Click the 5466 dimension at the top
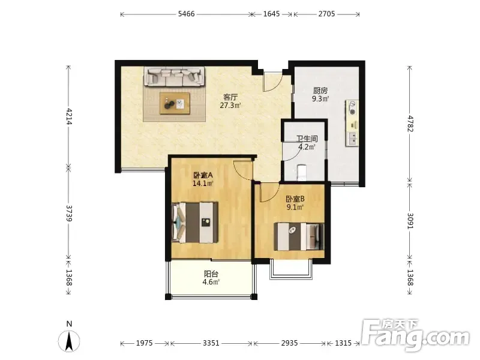point(187,14)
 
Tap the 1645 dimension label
point(272,14)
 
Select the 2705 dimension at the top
point(326,14)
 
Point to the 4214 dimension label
point(68,116)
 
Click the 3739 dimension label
point(68,214)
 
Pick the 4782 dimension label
point(410,124)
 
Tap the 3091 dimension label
point(410,221)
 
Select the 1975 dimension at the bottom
point(144,343)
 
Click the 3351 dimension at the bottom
point(211,343)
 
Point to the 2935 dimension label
point(289,343)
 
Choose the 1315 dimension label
point(343,343)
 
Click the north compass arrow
point(69,341)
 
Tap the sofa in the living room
point(175,76)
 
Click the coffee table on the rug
point(175,103)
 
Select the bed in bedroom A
point(195,222)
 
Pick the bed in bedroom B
point(299,236)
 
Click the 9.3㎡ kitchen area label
point(320,99)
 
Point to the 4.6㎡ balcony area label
point(211,282)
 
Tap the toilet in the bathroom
point(302,172)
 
